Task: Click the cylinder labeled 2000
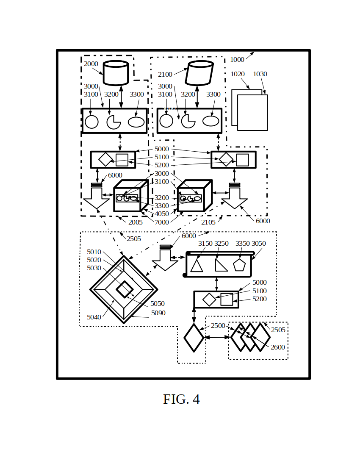(116, 73)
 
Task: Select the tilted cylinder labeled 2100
(199, 73)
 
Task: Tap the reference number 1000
(237, 60)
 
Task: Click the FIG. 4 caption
(181, 399)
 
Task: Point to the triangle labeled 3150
(197, 266)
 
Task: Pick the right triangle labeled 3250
(220, 265)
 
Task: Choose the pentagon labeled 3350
(239, 265)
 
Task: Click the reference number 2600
(278, 347)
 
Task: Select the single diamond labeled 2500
(194, 338)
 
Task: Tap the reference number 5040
(94, 317)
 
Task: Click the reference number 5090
(158, 313)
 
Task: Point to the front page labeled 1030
(252, 113)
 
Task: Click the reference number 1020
(238, 74)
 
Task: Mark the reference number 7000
(161, 222)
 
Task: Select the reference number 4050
(161, 214)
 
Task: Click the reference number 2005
(136, 222)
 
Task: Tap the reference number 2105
(208, 222)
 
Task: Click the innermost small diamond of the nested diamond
(124, 289)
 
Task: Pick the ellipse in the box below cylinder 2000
(136, 122)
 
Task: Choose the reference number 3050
(259, 244)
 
